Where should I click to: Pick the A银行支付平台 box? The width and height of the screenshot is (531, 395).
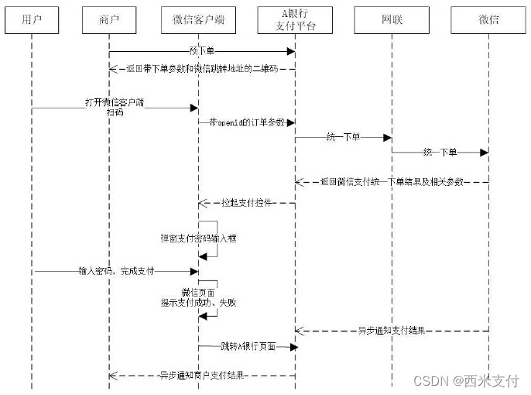click(295, 20)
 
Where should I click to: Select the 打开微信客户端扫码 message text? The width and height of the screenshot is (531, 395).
click(115, 107)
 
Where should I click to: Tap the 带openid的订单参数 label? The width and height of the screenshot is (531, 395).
click(246, 123)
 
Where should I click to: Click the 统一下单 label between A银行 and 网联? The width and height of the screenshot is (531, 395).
click(343, 137)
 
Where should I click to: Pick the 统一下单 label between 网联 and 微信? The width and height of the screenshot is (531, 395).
click(439, 153)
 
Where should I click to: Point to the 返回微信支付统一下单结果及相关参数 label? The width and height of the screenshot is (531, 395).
click(392, 182)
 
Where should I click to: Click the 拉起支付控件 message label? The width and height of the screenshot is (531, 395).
click(245, 203)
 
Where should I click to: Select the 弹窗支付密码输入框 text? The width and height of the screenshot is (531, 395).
click(197, 239)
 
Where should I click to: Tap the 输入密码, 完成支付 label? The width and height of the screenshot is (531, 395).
click(116, 271)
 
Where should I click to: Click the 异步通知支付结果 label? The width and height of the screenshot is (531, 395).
click(392, 331)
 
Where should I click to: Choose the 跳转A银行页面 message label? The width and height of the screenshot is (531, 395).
click(246, 346)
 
